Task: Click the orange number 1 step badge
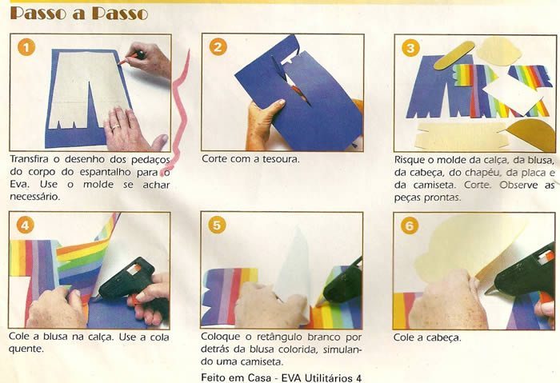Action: (26, 46)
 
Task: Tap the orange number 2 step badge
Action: (218, 46)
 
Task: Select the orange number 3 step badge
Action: (410, 47)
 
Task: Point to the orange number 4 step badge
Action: (26, 225)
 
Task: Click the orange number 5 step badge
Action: (217, 225)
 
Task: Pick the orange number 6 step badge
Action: (410, 225)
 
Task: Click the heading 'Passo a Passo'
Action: (79, 13)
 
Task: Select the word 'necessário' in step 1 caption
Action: (35, 197)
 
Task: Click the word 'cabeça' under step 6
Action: (442, 337)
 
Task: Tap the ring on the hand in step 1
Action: (116, 126)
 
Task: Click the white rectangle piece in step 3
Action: (513, 94)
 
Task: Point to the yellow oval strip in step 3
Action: (454, 55)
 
